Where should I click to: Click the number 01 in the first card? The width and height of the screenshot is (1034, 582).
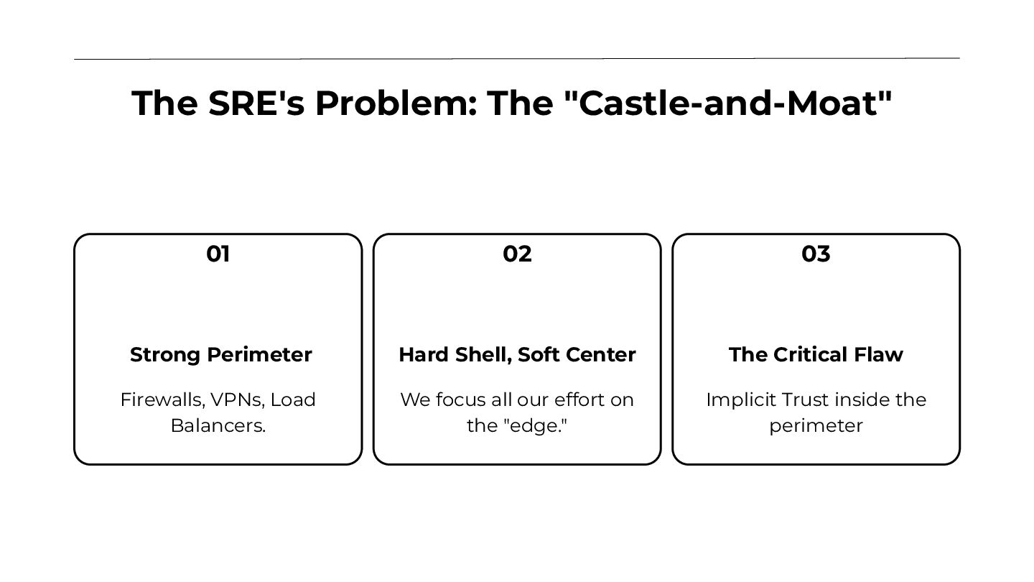pyautogui.click(x=218, y=254)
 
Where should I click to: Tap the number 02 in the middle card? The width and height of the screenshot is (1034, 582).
pyautogui.click(x=517, y=254)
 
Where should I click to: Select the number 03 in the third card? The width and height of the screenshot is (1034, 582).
pyautogui.click(x=816, y=254)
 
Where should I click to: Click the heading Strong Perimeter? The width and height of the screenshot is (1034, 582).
pyautogui.click(x=220, y=355)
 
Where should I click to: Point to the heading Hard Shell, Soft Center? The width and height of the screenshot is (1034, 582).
pyautogui.click(x=517, y=355)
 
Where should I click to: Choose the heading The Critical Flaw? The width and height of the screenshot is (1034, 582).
pyautogui.click(x=816, y=355)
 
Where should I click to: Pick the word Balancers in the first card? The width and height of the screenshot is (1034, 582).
pyautogui.click(x=218, y=425)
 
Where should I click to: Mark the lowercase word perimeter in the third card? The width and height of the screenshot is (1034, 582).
pyautogui.click(x=816, y=426)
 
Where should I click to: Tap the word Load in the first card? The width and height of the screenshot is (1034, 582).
pyautogui.click(x=292, y=400)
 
